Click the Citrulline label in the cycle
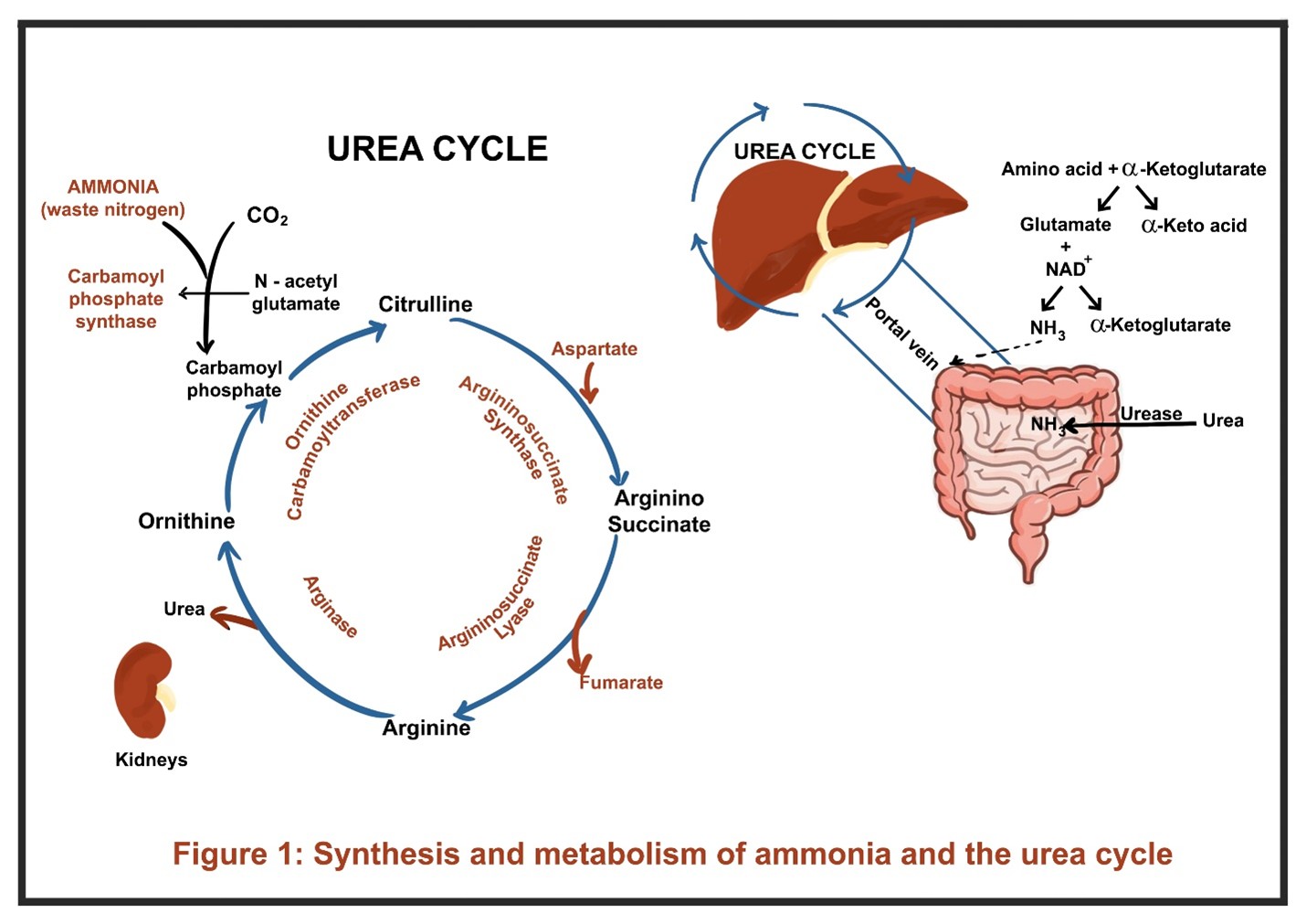(x=426, y=304)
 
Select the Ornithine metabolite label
(x=186, y=521)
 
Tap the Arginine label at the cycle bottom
(x=427, y=728)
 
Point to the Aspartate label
(x=594, y=349)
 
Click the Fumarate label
(x=621, y=683)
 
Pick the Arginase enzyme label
(x=330, y=606)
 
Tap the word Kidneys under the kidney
(x=152, y=759)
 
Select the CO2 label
(x=267, y=216)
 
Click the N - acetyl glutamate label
(x=296, y=292)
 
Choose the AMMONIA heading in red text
(x=113, y=187)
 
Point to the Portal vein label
(x=901, y=334)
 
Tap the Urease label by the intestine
(x=1151, y=414)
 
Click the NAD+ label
(x=1067, y=269)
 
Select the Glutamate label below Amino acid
(x=1065, y=225)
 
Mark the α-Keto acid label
(x=1194, y=226)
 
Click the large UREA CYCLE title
(x=437, y=149)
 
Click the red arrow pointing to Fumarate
(x=577, y=644)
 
